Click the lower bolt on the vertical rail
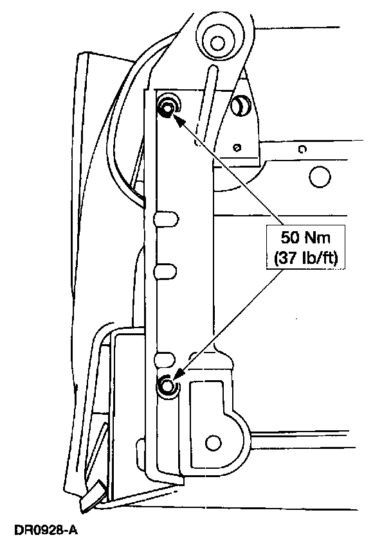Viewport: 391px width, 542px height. [167, 385]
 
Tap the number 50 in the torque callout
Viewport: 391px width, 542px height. [289, 238]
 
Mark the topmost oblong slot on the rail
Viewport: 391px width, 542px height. [165, 218]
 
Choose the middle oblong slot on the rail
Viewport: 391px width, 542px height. [165, 269]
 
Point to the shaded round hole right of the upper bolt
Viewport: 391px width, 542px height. [242, 104]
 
